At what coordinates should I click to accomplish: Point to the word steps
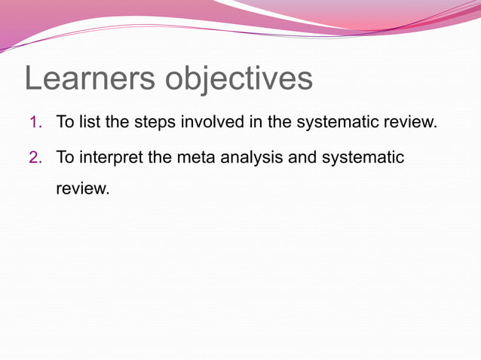155,122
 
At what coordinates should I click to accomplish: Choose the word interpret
109,158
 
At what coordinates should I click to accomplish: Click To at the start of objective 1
64,122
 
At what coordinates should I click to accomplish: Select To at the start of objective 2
64,158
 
